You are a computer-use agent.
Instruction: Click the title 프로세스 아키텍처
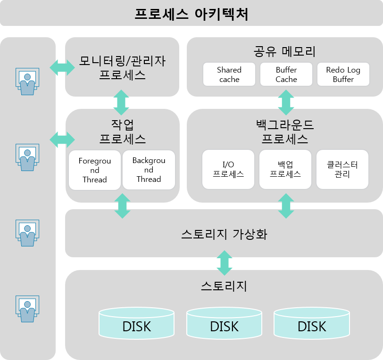point(191,14)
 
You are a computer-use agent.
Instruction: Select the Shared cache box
point(229,74)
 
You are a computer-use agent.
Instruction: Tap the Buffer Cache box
point(286,74)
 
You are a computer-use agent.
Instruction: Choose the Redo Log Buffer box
point(343,74)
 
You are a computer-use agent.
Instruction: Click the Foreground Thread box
point(94,170)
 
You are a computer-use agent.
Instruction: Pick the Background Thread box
point(149,170)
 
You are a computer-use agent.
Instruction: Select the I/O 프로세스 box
point(228,169)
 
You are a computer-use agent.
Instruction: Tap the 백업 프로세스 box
point(285,169)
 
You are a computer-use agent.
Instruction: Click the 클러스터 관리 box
point(342,169)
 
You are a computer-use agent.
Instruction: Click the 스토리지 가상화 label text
point(224,234)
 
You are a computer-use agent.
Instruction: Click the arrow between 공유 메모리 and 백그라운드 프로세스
point(286,103)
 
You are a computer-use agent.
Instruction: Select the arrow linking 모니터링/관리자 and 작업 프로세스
point(122,102)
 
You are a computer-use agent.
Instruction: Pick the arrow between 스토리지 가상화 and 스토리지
point(224,263)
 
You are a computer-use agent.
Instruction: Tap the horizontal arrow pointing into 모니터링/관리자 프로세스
point(62,67)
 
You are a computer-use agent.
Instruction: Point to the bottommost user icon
point(27,309)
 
